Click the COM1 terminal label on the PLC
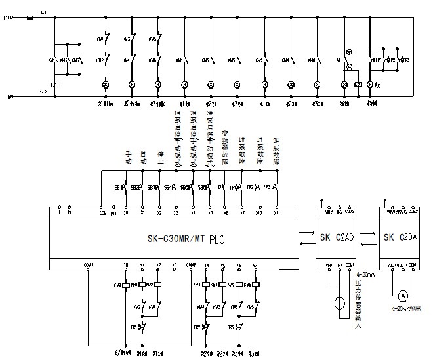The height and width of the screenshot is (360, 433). pos(89,265)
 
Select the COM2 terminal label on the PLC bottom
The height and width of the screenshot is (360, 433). pos(191,265)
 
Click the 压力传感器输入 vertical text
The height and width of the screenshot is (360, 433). pos(358,302)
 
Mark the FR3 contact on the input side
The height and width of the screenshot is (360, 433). pos(269,187)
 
